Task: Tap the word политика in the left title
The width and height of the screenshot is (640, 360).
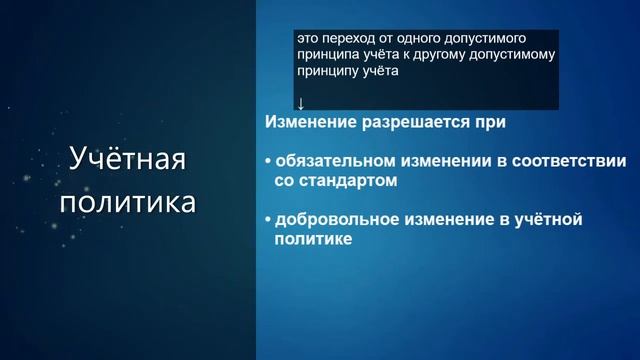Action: (x=127, y=203)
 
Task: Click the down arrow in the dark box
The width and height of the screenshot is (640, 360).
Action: (x=300, y=103)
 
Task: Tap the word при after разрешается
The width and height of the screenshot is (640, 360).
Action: (x=490, y=122)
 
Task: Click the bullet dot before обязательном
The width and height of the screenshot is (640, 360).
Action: (x=268, y=162)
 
